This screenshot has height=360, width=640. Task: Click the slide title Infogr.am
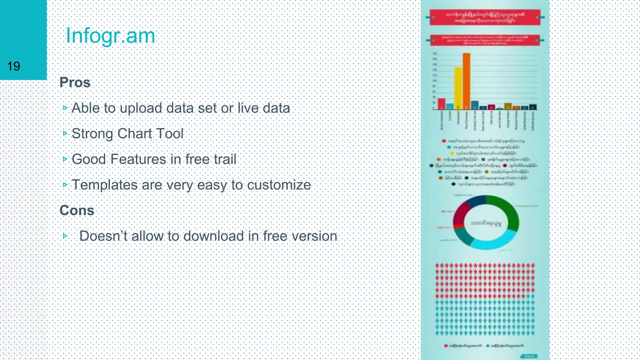(x=110, y=36)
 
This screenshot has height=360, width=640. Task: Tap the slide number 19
(x=13, y=66)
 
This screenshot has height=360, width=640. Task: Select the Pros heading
(x=75, y=82)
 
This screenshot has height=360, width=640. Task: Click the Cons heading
(x=77, y=210)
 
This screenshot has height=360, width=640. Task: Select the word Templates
(x=104, y=185)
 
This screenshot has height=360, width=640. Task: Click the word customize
(x=279, y=185)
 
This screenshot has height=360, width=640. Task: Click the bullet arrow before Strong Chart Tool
(x=65, y=133)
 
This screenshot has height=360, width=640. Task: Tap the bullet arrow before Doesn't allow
(x=65, y=236)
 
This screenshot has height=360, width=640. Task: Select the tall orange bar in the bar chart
(x=466, y=81)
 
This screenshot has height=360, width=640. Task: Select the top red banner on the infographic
(x=485, y=17)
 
